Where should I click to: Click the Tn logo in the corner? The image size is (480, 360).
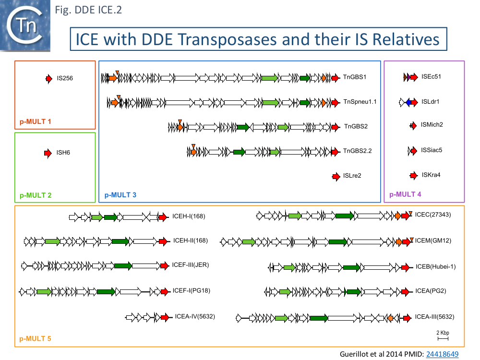coord(25,25)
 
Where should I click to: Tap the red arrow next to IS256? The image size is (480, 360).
coord(49,78)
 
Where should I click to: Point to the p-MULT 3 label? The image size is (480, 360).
coord(120,195)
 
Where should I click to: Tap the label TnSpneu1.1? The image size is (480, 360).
coord(360,102)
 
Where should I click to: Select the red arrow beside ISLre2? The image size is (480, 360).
coord(336,176)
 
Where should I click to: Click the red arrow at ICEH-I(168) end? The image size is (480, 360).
coord(163,217)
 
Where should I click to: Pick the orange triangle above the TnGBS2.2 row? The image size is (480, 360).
coord(193,145)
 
